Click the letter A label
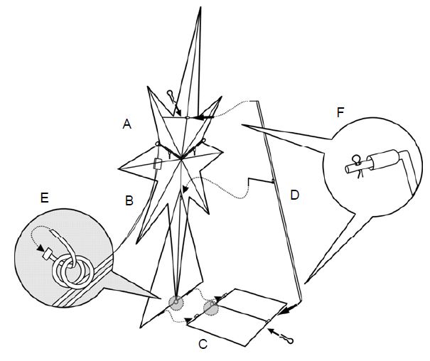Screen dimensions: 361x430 click(127, 124)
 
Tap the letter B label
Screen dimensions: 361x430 click(129, 200)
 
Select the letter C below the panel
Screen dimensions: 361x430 click(203, 345)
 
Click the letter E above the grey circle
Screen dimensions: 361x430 click(44, 199)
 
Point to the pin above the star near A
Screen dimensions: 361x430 click(171, 95)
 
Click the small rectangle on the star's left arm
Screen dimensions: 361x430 click(158, 165)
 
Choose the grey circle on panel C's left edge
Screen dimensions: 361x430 click(212, 308)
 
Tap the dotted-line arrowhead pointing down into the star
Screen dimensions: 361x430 click(186, 189)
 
